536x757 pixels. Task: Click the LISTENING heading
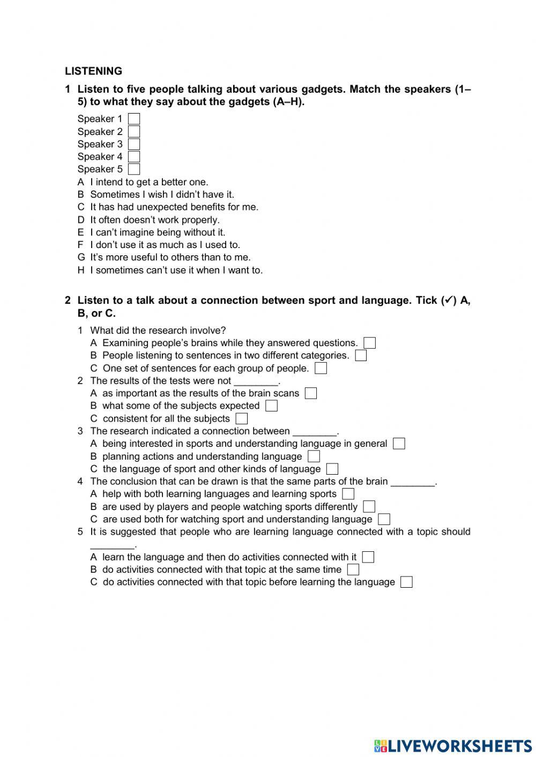93,71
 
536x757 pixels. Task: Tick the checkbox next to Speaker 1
134,119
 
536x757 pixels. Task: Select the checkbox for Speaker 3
134,144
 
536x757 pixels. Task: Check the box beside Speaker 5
134,169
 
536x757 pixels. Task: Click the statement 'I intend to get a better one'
148,182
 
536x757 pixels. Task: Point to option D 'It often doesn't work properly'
154,220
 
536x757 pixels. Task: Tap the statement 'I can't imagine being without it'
157,233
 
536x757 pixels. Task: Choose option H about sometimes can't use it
176,271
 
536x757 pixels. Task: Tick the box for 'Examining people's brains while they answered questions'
369,343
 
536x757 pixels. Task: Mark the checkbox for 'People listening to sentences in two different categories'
361,356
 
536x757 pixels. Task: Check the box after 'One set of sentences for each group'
321,369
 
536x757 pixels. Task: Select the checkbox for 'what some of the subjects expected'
271,406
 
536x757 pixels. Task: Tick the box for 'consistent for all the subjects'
242,419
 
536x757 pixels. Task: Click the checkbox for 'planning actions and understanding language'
314,456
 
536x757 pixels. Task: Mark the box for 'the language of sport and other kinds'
332,469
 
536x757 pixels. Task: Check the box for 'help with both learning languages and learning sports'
348,494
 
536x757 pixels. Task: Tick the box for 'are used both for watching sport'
384,519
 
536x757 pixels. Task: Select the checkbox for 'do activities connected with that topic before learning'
407,582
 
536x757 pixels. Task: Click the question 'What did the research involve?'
158,331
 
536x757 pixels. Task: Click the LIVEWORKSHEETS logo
453,745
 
